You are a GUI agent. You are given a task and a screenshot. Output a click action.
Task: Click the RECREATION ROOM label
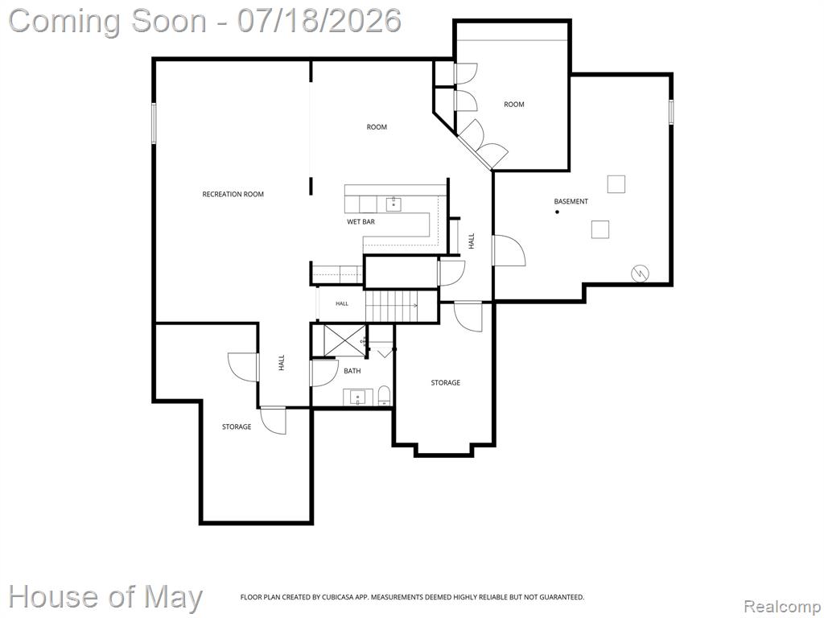233,195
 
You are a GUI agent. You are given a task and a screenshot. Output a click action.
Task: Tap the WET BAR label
360,222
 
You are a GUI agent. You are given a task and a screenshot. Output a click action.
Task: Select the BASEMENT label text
571,201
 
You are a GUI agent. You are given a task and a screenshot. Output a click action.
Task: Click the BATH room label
352,371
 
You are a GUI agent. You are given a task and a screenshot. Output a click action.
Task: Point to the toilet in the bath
385,396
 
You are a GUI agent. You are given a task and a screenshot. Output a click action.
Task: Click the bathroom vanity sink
358,398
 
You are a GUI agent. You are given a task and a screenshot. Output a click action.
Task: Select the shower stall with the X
344,340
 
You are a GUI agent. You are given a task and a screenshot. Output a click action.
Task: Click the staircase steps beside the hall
392,307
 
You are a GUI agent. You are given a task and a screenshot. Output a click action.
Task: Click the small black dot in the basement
557,212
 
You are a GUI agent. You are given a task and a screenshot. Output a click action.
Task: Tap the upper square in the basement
616,184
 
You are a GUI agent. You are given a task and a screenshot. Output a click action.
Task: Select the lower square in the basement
600,229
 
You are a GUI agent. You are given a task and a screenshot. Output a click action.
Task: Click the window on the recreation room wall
154,123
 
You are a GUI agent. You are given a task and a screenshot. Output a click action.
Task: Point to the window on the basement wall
671,112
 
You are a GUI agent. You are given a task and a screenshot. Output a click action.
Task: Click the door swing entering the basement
509,251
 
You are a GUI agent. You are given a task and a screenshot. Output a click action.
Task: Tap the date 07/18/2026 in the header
319,21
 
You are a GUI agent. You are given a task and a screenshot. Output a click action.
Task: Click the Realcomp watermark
781,607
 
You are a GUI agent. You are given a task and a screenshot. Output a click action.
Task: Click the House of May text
105,597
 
